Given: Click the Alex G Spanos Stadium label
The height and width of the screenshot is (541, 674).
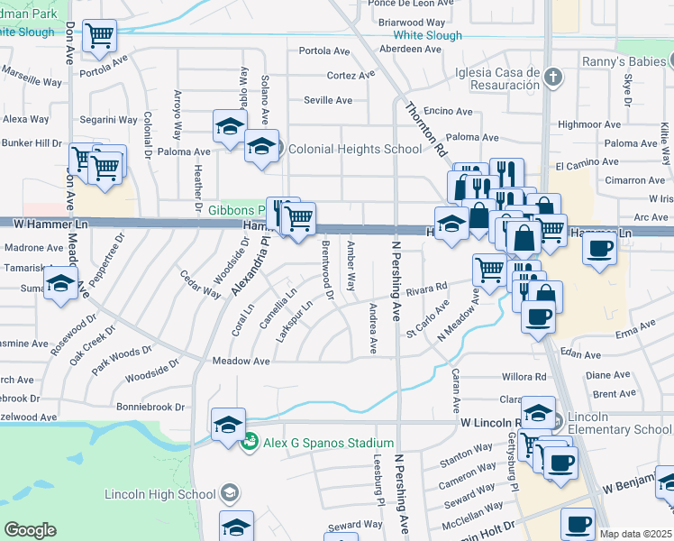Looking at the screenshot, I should tap(328, 443).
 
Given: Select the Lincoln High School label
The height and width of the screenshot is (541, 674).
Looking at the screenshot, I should tap(160, 494).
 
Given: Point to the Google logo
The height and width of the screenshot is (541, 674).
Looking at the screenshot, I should tap(30, 530).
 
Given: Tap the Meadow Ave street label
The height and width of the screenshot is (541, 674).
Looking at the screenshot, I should tap(241, 361).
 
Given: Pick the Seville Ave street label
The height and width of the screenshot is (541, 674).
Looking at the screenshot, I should tap(327, 100).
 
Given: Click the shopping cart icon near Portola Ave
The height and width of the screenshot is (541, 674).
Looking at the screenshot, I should tap(99, 36).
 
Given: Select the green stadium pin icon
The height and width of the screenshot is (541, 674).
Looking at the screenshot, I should tap(252, 443).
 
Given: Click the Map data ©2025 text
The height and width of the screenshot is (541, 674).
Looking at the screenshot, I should tap(635, 534).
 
